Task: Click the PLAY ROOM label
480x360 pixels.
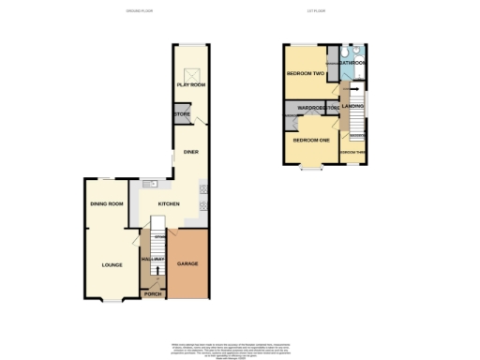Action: click(190, 85)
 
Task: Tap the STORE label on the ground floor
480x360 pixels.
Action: click(181, 115)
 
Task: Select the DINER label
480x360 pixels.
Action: click(190, 151)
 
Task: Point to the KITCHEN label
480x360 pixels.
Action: click(168, 202)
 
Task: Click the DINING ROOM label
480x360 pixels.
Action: click(107, 203)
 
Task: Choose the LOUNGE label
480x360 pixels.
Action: click(112, 265)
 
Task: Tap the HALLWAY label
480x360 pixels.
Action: click(152, 259)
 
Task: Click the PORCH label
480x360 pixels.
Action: click(152, 294)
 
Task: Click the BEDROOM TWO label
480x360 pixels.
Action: click(305, 72)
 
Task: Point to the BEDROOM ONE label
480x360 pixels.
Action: click(310, 140)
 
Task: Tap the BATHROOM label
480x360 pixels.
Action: click(352, 63)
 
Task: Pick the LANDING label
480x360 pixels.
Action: click(353, 106)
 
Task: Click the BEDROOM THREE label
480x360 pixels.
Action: click(352, 152)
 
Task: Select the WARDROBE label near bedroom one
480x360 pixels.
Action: click(310, 109)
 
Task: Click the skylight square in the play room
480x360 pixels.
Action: click(191, 74)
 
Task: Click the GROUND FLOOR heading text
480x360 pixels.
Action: click(140, 11)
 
